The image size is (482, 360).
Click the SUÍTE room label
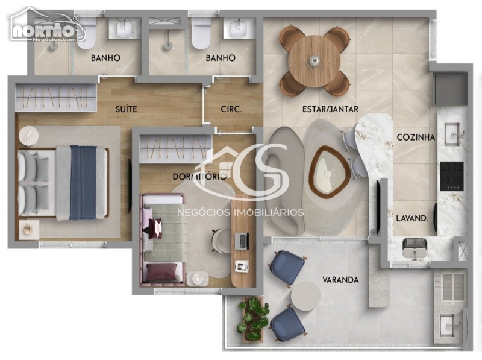click(126, 109)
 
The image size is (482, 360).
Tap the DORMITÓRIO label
click(199, 177)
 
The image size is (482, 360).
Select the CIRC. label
click(231, 109)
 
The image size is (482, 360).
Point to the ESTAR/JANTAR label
click(330, 109)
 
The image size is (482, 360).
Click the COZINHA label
click(416, 137)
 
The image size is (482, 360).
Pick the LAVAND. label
click(412, 218)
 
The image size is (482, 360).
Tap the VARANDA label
click(340, 280)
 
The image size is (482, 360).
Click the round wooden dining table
click(314, 61)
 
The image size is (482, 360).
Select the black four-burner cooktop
click(451, 176)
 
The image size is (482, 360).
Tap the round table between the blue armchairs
click(305, 296)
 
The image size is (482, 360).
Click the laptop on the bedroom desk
click(242, 241)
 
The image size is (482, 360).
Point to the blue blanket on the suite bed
click(83, 183)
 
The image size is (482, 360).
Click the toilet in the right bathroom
click(201, 33)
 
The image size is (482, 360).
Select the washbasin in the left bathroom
click(125, 28)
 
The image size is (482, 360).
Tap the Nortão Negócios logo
click(46, 25)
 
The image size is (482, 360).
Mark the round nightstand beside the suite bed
click(28, 136)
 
